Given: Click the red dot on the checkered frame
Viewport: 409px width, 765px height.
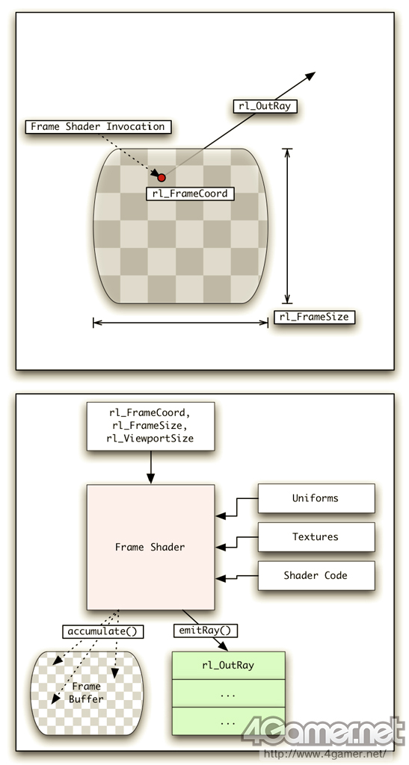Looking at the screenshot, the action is (x=161, y=178).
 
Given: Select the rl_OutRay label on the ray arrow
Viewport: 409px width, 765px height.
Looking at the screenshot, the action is (x=265, y=106).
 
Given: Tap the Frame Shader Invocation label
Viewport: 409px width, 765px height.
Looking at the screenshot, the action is (x=98, y=127).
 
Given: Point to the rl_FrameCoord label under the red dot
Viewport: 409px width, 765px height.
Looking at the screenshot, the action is (x=190, y=193).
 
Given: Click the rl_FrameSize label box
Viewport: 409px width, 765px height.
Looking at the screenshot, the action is (x=314, y=317).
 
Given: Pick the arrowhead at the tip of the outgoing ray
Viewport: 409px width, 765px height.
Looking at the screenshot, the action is (x=310, y=76).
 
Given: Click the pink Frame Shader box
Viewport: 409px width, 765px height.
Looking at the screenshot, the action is (x=150, y=547).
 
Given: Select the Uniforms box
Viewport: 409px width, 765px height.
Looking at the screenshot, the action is (x=316, y=498).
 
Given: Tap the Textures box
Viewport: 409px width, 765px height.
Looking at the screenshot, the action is (x=316, y=536).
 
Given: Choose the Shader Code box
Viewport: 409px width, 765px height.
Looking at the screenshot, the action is (x=316, y=576).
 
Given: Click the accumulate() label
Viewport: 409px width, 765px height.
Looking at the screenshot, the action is (x=102, y=631).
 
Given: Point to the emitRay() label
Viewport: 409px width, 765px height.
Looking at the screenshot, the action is (x=206, y=631).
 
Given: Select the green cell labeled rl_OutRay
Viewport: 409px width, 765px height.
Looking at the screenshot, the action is (x=228, y=665).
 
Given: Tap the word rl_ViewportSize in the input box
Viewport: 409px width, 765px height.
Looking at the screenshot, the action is (x=150, y=438).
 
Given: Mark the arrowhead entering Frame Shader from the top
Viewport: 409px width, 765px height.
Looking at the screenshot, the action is (x=150, y=477).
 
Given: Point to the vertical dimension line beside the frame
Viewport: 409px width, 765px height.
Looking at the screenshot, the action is (x=287, y=226).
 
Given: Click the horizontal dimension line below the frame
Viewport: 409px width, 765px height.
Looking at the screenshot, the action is (x=181, y=322).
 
